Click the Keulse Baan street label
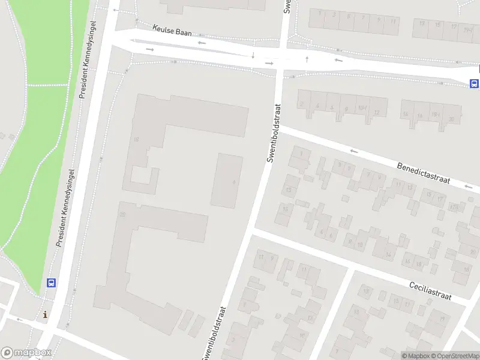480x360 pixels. click(172, 31)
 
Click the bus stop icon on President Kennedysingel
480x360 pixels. click(52, 283)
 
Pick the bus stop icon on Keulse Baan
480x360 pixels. click(474, 83)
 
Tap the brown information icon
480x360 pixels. click(45, 314)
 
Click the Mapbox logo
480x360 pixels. click(26, 353)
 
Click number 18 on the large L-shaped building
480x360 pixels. click(136, 140)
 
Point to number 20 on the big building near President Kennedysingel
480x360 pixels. click(122, 214)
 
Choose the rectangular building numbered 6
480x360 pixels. click(233, 182)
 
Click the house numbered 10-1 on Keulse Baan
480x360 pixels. click(362, 108)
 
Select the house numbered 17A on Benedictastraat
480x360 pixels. click(454, 208)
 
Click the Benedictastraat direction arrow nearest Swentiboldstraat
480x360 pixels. click(354, 151)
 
